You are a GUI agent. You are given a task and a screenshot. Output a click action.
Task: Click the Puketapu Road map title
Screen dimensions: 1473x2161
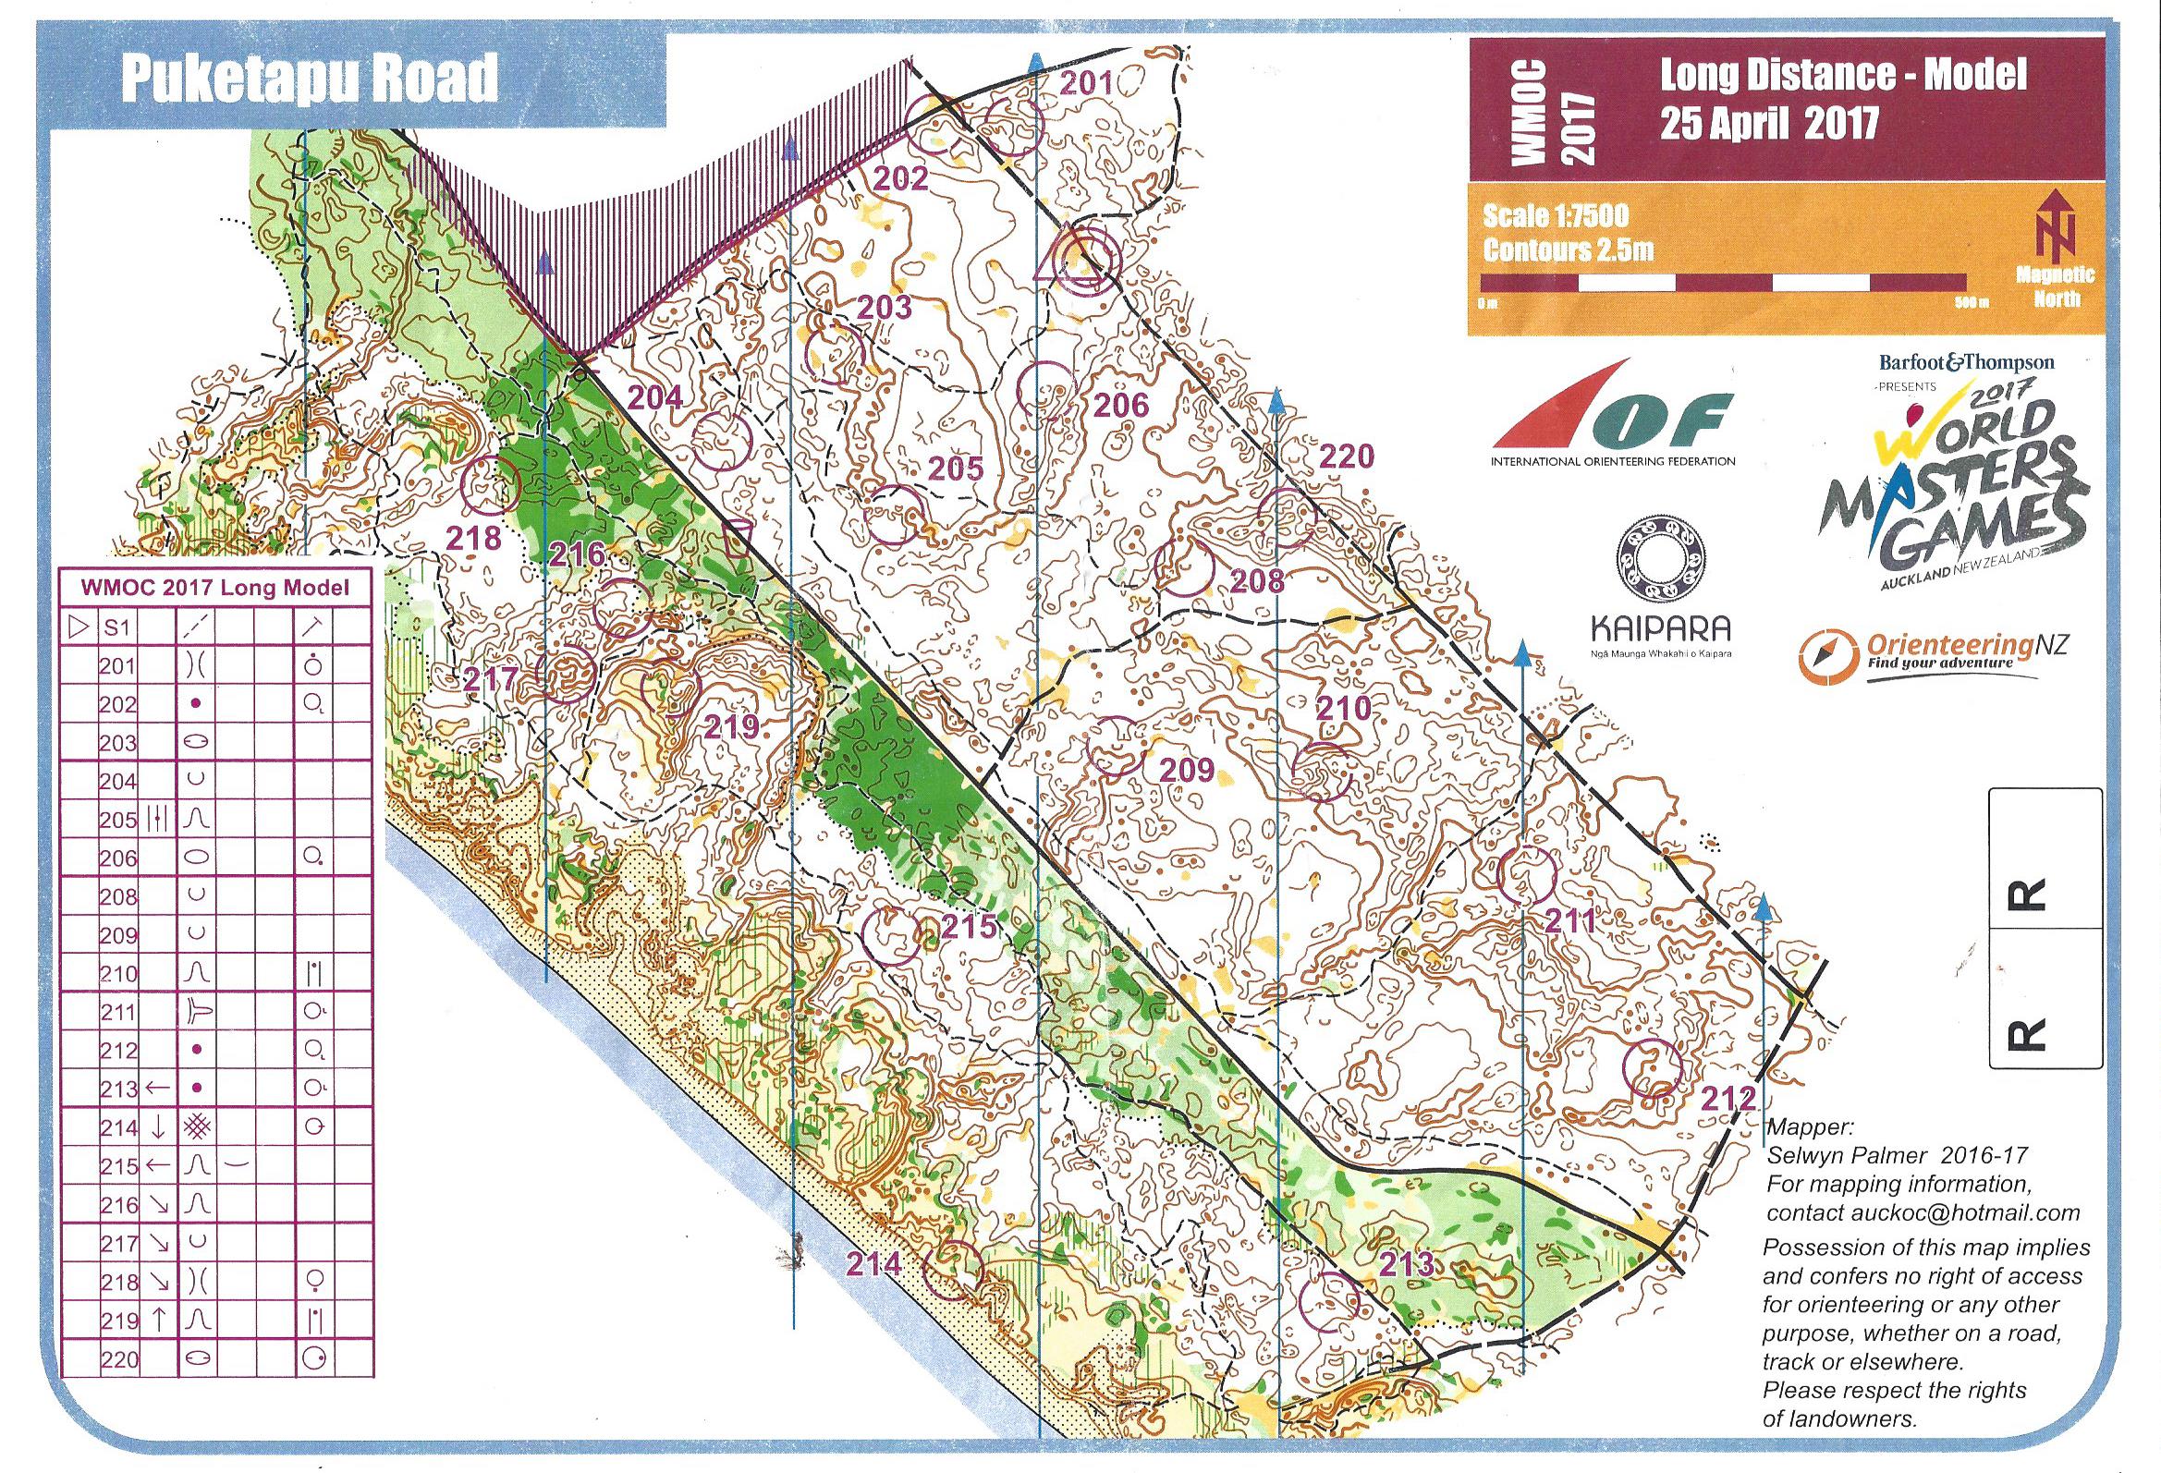point(310,82)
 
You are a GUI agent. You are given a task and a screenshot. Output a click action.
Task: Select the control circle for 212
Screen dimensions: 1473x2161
point(1653,1068)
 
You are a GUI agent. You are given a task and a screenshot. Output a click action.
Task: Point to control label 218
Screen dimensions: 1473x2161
point(474,539)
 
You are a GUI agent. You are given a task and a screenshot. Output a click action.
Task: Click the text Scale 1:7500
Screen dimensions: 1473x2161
point(1556,216)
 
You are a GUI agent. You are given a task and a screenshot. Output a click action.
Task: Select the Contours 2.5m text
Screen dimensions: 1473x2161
point(1568,250)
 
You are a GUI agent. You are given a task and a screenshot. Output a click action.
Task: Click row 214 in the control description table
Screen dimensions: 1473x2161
point(214,1128)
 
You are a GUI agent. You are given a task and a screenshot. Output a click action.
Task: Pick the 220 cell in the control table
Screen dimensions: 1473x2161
point(118,1359)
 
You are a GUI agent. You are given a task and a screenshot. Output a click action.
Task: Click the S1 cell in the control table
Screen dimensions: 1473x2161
point(118,627)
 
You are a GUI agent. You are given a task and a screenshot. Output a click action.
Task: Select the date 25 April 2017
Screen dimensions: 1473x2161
point(1767,124)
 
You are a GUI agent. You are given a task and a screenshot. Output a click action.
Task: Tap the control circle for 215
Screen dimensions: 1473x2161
point(891,934)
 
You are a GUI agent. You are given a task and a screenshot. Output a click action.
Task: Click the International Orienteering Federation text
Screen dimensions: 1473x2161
point(1612,461)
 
